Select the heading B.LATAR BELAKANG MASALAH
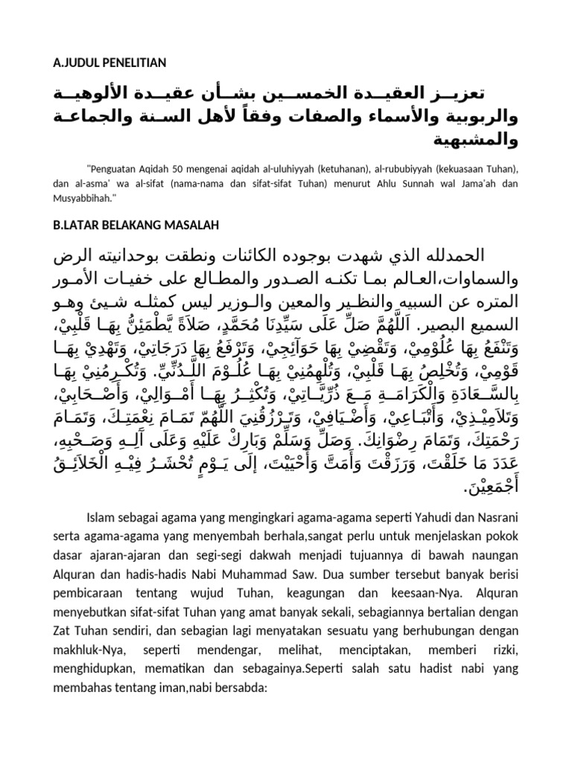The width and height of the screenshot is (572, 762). tap(136, 225)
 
